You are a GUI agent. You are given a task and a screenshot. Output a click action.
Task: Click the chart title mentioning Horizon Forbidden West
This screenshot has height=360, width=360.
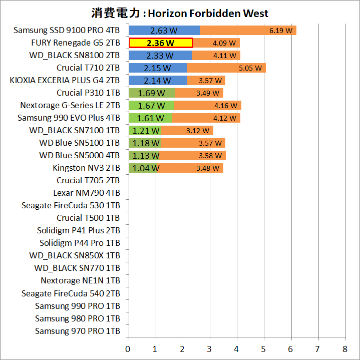[x=180, y=13]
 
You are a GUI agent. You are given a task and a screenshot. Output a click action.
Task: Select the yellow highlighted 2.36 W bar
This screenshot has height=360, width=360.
[x=161, y=43]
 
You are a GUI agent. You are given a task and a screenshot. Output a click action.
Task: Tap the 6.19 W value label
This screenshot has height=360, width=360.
[x=280, y=31]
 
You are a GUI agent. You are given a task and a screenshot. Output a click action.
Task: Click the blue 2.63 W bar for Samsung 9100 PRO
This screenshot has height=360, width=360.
[x=164, y=31]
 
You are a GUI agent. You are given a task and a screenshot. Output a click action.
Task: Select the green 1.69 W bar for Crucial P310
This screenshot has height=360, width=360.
[x=152, y=93]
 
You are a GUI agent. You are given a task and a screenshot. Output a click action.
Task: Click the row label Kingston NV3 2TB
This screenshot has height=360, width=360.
[x=86, y=168]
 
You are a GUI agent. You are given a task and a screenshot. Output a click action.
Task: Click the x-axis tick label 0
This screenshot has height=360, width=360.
[x=129, y=348]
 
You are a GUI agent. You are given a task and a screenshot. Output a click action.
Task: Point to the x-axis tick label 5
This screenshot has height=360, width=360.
[x=264, y=348]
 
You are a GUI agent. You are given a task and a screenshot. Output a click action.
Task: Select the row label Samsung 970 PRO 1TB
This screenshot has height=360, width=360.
[x=78, y=331]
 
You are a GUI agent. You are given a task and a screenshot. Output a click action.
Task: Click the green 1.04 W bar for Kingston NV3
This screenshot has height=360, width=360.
[x=144, y=168]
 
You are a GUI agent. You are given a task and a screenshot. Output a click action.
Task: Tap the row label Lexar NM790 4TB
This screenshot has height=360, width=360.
[x=87, y=193]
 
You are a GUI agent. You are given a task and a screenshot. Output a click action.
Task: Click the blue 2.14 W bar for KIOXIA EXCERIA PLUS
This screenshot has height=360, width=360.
[x=158, y=81]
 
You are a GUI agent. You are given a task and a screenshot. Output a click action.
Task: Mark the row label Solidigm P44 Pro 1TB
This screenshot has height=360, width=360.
[x=80, y=243]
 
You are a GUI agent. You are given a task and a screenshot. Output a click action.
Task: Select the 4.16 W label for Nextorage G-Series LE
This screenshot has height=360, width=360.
[x=224, y=106]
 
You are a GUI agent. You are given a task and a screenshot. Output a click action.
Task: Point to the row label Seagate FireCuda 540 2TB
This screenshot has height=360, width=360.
[x=71, y=293]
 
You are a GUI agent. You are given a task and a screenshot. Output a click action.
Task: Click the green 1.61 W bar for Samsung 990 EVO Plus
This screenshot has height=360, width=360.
[x=150, y=118]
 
